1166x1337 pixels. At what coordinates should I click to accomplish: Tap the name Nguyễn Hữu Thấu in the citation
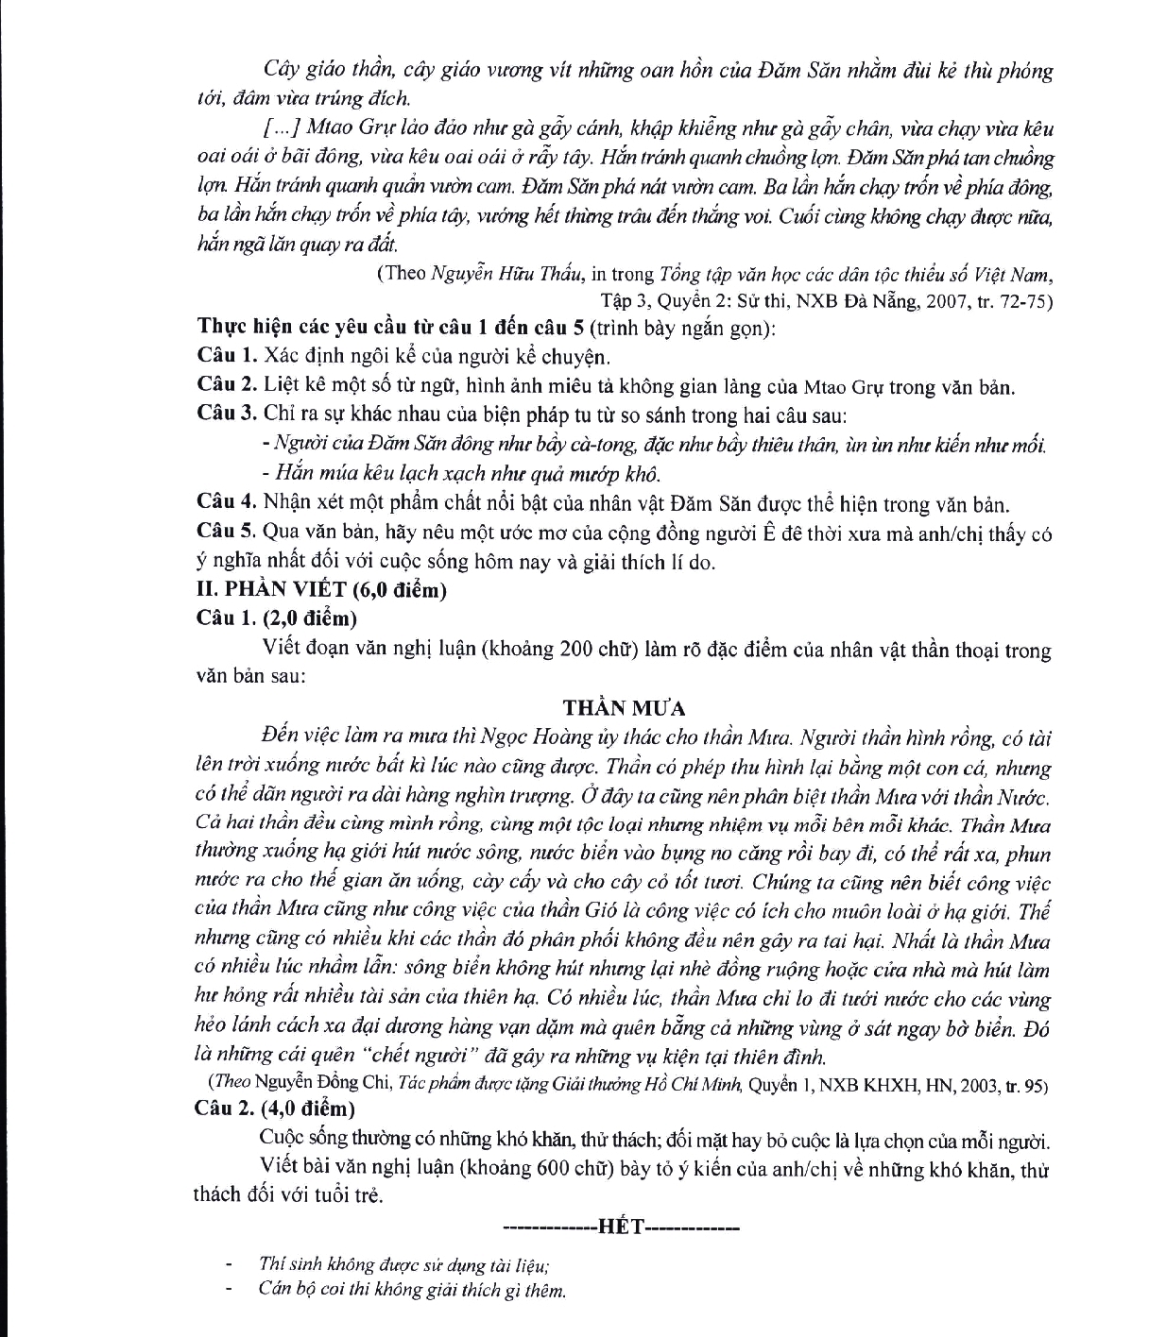coord(509,275)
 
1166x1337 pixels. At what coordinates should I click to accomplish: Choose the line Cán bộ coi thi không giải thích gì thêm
coord(411,1290)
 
